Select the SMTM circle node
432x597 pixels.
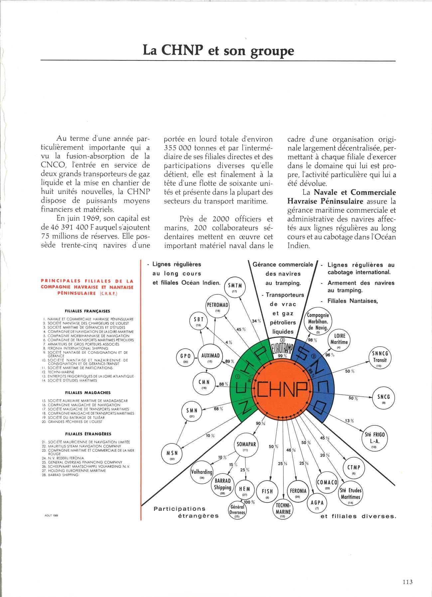pos(234,287)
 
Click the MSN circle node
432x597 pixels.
pos(175,455)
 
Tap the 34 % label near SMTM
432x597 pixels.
pos(256,321)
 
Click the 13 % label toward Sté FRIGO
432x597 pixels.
pos(349,421)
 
